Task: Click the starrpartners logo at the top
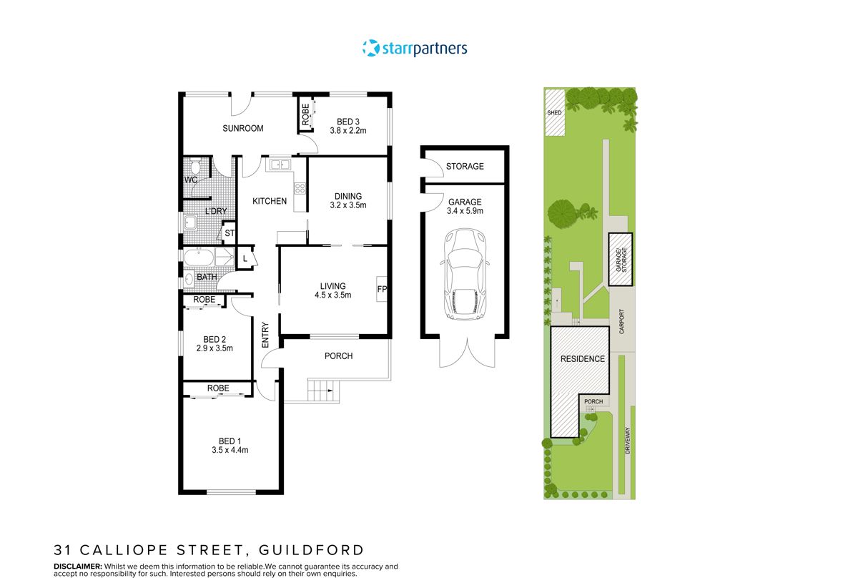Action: [415, 49]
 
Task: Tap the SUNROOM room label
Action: [242, 129]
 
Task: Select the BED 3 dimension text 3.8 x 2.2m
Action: [347, 131]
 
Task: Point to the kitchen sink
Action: [279, 165]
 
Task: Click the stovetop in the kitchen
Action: [300, 189]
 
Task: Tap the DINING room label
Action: [348, 196]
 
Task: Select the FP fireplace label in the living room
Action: [381, 290]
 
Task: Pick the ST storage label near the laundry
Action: [230, 233]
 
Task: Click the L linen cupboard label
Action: [245, 258]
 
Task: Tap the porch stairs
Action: [322, 391]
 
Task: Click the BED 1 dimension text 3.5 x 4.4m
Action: [230, 450]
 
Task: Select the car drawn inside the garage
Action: [464, 273]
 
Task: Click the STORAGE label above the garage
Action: [465, 167]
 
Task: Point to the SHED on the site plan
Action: [554, 112]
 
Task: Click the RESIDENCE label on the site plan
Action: [582, 359]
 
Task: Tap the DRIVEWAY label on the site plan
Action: [627, 442]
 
